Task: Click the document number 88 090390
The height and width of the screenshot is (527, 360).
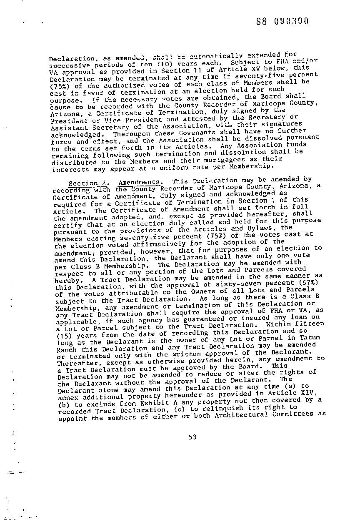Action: tap(283, 21)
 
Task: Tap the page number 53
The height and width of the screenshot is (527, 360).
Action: tap(192, 437)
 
